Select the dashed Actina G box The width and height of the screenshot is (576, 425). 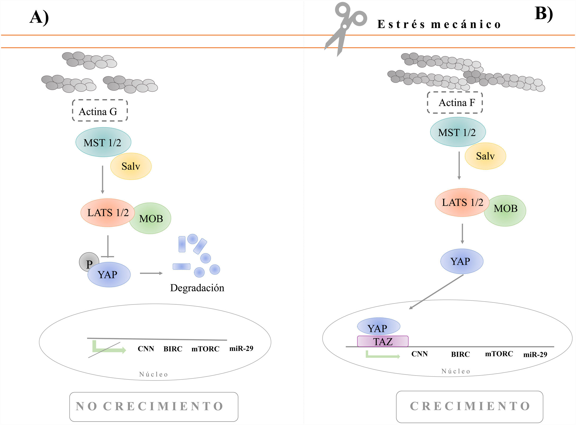[x=100, y=111]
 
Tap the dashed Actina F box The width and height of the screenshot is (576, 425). [x=455, y=102]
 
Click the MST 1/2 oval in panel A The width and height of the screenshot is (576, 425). [x=103, y=142]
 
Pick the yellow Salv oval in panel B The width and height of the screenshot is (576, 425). [x=485, y=156]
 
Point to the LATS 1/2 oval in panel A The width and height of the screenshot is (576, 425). [x=108, y=213]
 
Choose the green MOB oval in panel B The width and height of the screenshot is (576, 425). [x=505, y=211]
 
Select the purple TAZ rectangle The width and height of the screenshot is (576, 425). [x=383, y=341]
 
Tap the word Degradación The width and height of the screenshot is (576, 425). [x=197, y=288]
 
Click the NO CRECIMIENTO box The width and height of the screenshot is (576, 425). [x=154, y=407]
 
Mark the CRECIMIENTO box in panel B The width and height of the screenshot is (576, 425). [x=469, y=406]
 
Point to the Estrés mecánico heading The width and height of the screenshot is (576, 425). [x=439, y=24]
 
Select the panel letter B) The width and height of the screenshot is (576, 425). [x=543, y=13]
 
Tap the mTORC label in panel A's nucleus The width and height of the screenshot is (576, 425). [x=205, y=349]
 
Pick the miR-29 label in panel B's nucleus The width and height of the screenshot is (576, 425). [x=535, y=354]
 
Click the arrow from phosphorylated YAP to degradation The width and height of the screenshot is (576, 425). [x=151, y=273]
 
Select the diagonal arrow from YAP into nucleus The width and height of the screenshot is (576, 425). [x=436, y=292]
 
